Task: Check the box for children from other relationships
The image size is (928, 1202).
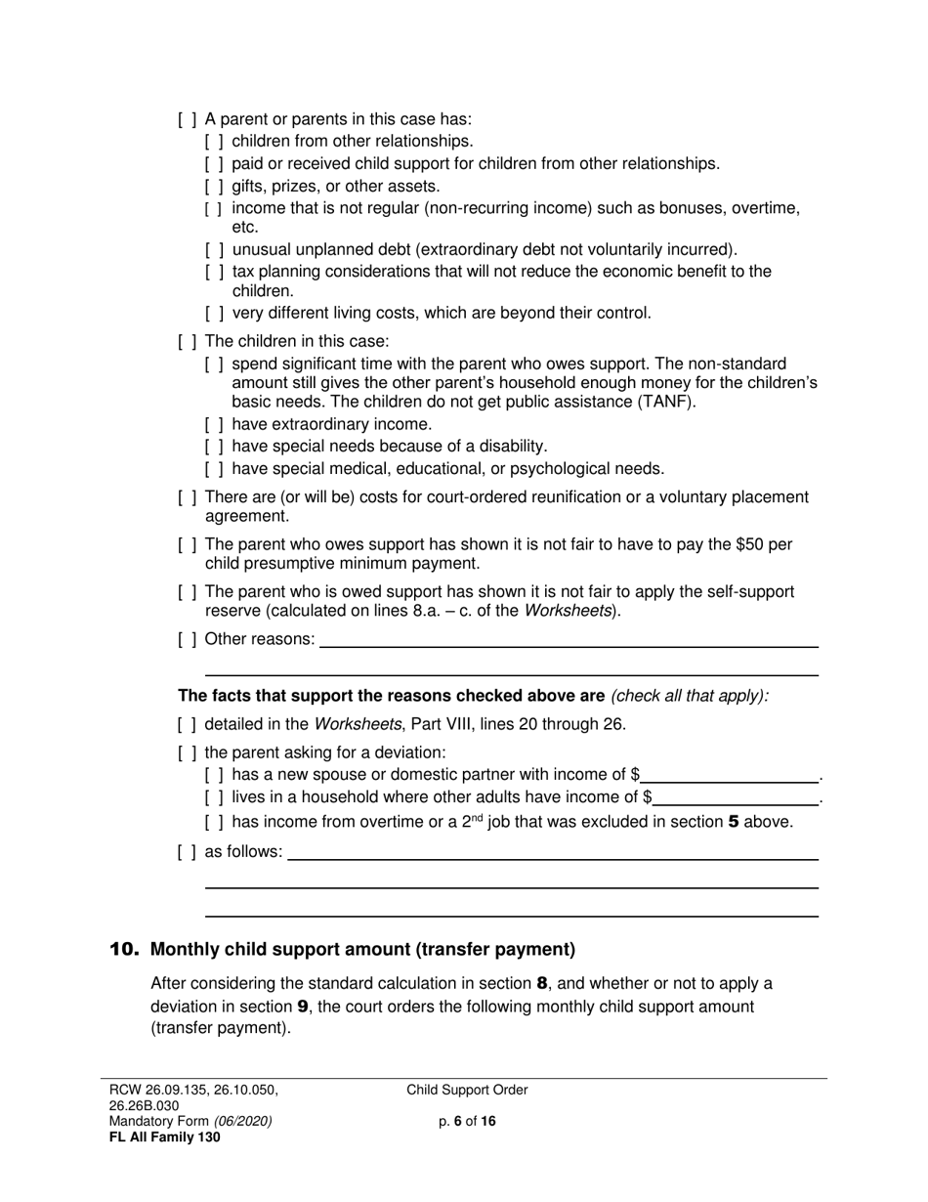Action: (x=214, y=142)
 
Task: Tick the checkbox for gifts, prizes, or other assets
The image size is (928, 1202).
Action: (x=214, y=186)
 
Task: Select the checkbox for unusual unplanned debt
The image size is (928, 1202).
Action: (x=214, y=249)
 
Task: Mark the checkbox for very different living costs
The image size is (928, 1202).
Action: (x=214, y=314)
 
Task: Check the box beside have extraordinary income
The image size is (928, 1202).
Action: (x=214, y=424)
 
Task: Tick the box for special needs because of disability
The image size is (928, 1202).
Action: (x=214, y=447)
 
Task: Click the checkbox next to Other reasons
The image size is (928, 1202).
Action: (x=187, y=639)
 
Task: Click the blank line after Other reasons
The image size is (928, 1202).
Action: (x=569, y=640)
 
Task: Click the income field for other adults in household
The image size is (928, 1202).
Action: (x=737, y=798)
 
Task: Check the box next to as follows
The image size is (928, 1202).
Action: (x=187, y=852)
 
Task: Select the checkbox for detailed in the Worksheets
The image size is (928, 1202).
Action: (x=187, y=725)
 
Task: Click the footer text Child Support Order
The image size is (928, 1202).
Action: (x=467, y=1091)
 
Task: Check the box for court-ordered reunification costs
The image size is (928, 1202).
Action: (x=187, y=497)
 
